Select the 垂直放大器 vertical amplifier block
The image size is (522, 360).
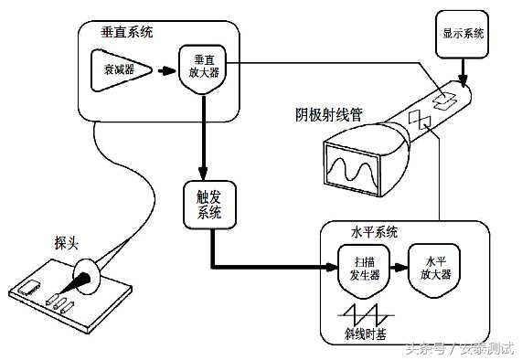(x=200, y=69)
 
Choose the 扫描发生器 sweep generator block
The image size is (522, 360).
(x=357, y=268)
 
